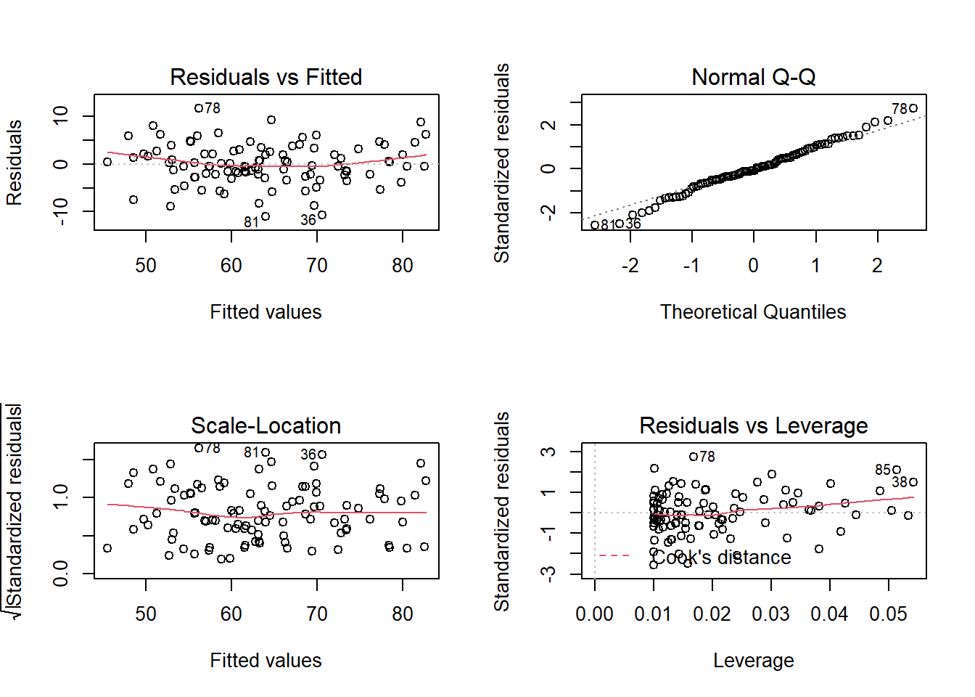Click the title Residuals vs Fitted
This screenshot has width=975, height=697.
[266, 77]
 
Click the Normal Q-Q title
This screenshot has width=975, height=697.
[753, 77]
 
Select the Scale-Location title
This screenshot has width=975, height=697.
[266, 425]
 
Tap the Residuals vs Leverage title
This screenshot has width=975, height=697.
[753, 425]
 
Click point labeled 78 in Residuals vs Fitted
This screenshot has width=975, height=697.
[199, 108]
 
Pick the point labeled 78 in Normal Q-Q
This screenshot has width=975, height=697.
[913, 108]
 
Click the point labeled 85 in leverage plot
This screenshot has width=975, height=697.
[897, 470]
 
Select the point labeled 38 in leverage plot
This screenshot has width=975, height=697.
[913, 482]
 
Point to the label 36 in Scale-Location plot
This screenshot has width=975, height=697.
[308, 455]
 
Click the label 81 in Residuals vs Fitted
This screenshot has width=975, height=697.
[251, 222]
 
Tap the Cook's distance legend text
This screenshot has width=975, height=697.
[722, 557]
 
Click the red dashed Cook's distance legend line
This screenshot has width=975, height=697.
[614, 556]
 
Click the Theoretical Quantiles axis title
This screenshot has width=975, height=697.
[753, 311]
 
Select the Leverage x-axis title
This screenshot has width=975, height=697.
[753, 660]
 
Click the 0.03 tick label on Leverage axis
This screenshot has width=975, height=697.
[770, 614]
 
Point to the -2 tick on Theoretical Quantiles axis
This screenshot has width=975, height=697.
[630, 266]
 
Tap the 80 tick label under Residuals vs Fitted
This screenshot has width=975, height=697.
[403, 266]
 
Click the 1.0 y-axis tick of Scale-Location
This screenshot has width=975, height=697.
[61, 497]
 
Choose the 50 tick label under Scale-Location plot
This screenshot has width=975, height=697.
[146, 614]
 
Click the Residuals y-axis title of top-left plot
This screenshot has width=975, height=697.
[15, 163]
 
